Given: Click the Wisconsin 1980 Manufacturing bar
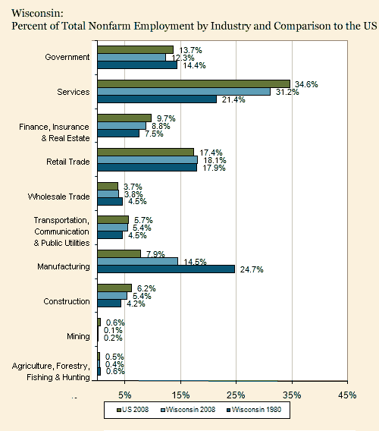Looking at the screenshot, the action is [x=166, y=269].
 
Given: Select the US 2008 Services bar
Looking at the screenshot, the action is [x=194, y=84].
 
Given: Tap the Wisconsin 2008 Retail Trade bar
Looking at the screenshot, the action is [x=148, y=160].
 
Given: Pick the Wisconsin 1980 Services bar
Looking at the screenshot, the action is [x=157, y=99].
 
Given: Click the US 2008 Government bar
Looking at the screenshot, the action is [x=136, y=50].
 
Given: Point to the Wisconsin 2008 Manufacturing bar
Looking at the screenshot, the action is [x=138, y=261].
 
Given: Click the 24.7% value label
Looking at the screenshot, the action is [x=252, y=269].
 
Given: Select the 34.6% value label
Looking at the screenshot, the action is [x=306, y=84].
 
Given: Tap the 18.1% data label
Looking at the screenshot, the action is [x=215, y=160].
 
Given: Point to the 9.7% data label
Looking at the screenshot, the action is [x=166, y=118].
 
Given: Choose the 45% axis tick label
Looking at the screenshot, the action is [x=347, y=395].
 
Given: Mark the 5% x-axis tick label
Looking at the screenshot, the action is [x=125, y=395].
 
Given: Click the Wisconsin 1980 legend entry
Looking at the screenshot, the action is [x=254, y=410].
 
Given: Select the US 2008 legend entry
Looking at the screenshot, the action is [x=133, y=410].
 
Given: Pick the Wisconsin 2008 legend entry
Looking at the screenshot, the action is [x=188, y=410].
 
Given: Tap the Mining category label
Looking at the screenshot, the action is [x=78, y=336].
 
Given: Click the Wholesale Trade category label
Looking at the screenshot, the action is [x=59, y=197].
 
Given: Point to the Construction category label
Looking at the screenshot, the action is [x=67, y=301].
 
